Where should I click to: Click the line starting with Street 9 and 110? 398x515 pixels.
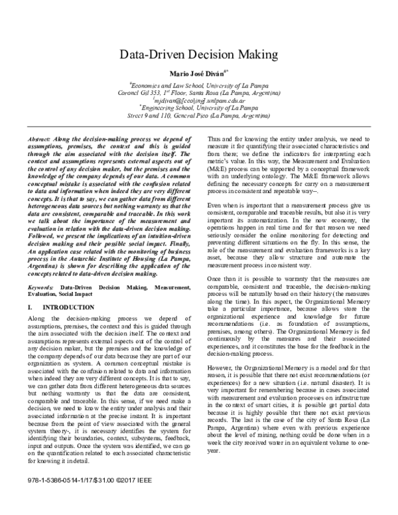198,115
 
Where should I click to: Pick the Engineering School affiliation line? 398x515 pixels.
198,108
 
